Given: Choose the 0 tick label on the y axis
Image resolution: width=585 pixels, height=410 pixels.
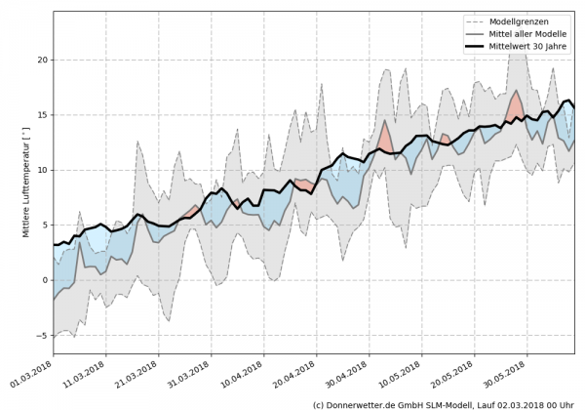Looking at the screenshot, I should point(45,280).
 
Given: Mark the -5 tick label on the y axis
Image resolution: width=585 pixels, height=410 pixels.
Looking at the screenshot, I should point(42,336).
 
